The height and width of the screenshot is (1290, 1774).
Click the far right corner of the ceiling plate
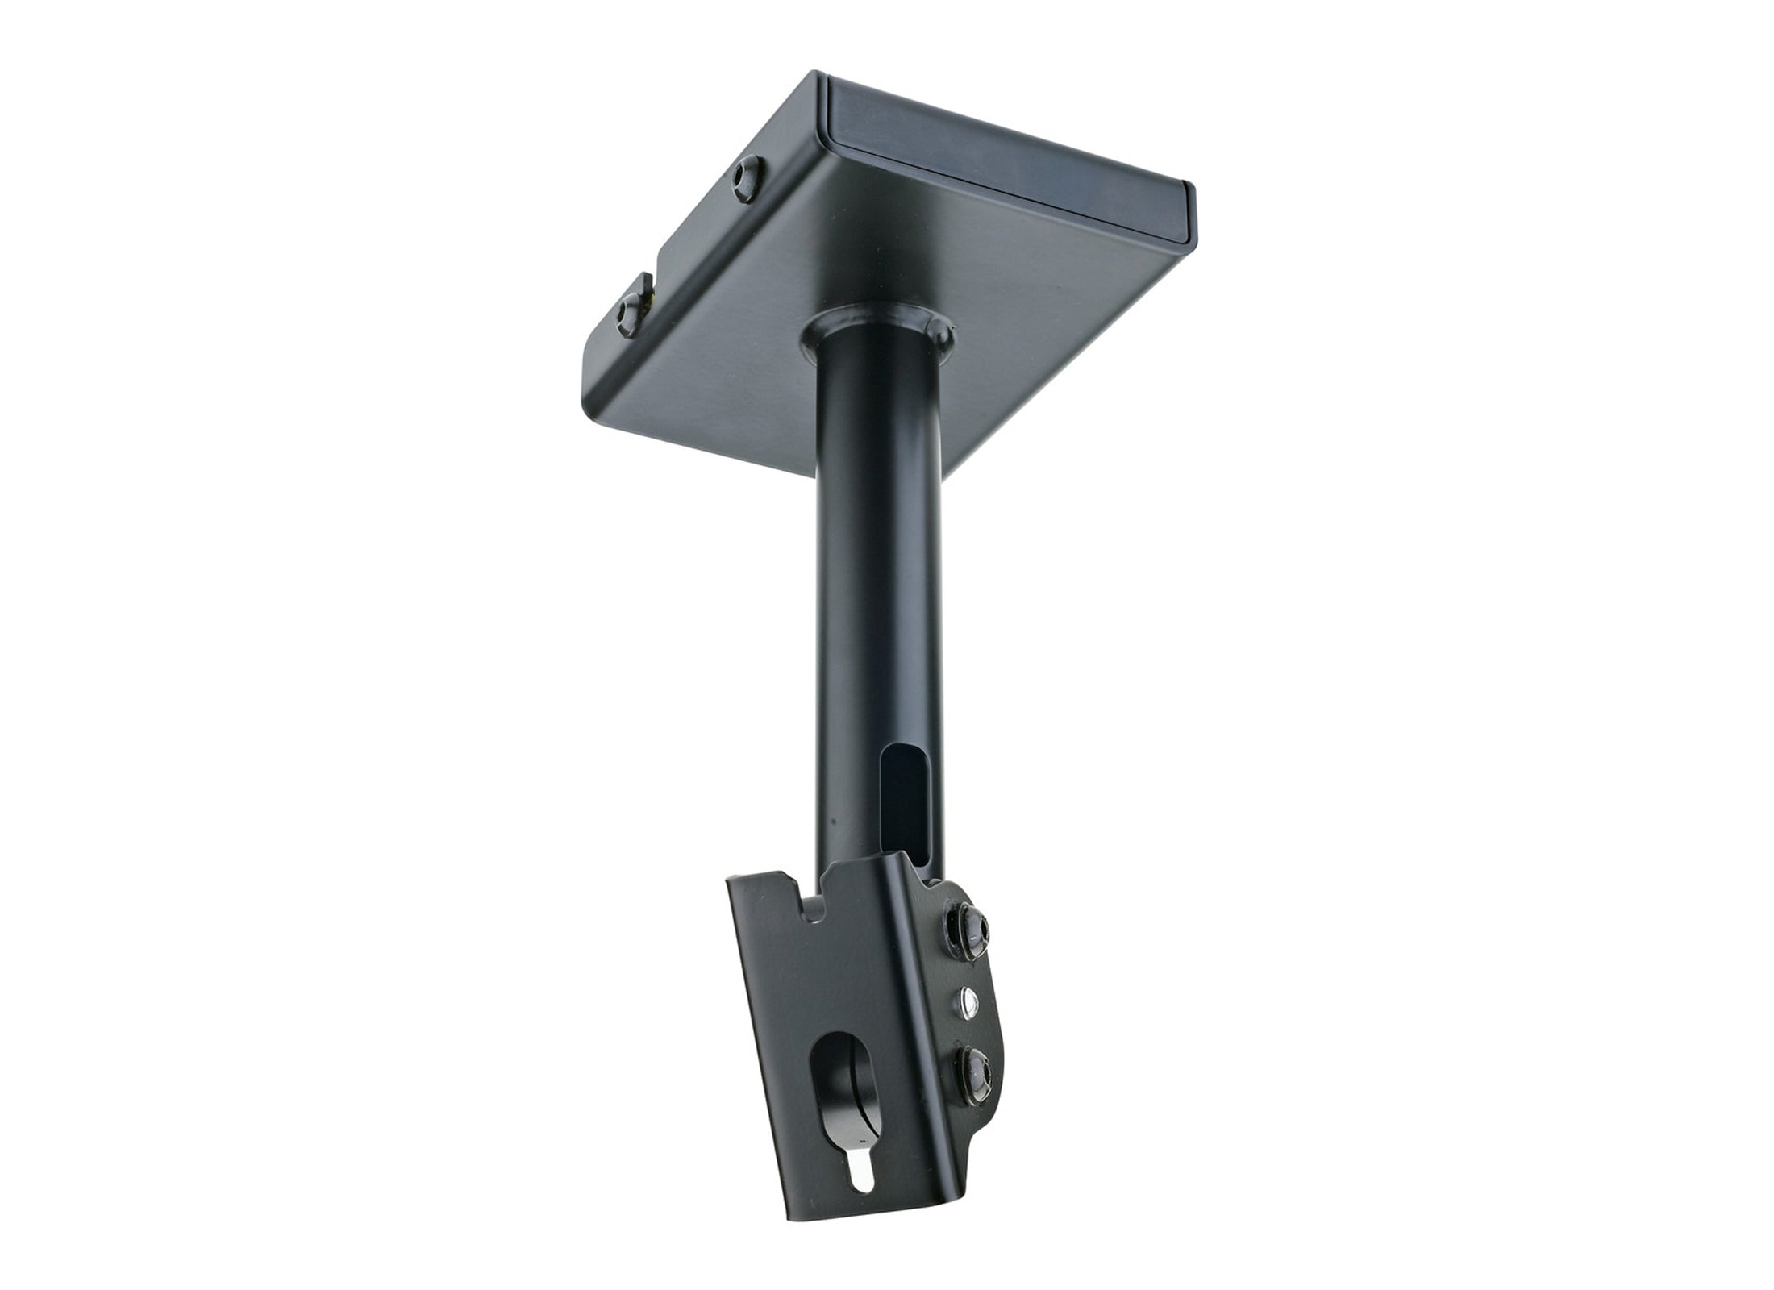[1192, 198]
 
